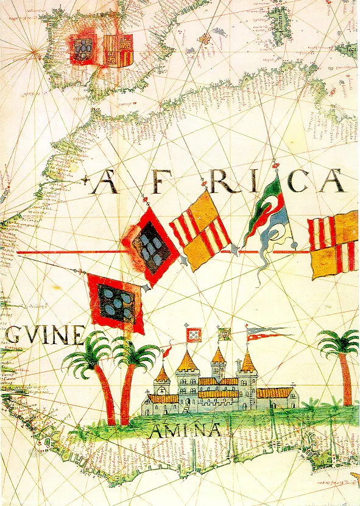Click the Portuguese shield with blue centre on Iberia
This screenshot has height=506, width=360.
point(83,49)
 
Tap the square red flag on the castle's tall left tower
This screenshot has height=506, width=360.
point(194,334)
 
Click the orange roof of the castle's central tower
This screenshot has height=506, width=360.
point(218,356)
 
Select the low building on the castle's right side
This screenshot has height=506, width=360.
point(277,398)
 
